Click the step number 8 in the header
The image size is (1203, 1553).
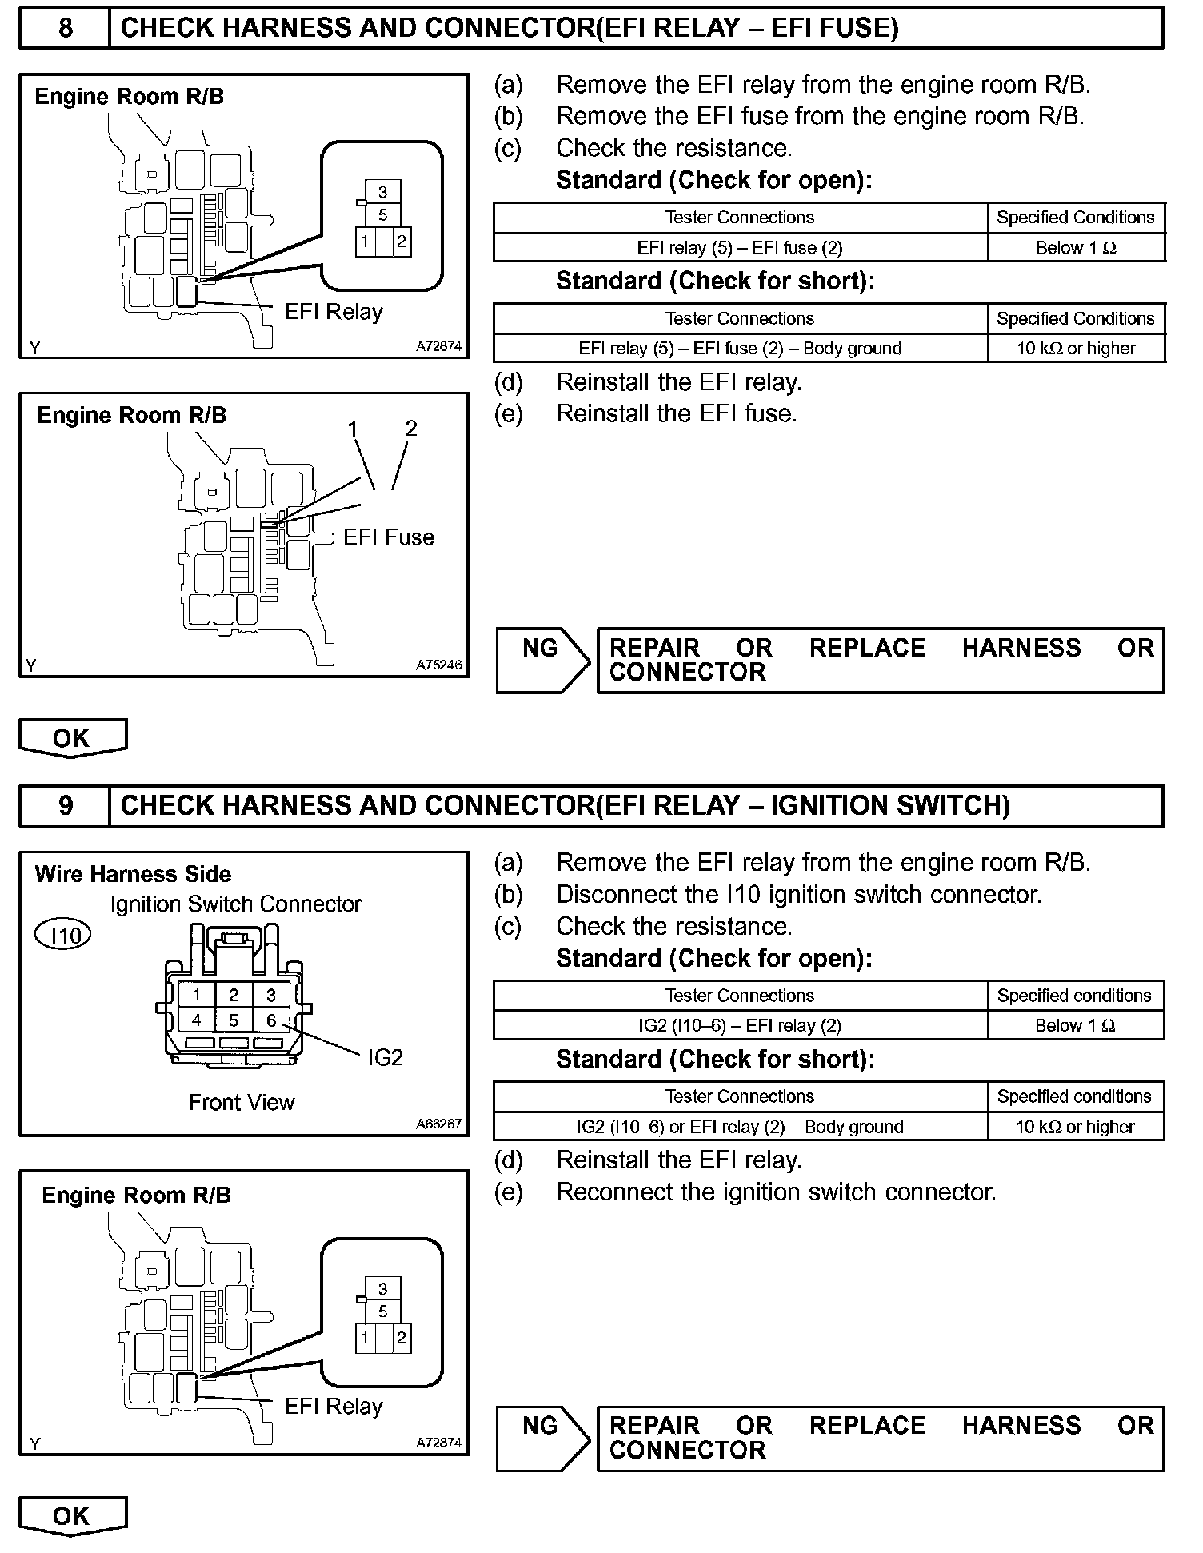65,29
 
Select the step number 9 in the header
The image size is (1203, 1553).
65,805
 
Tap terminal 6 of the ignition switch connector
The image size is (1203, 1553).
271,1020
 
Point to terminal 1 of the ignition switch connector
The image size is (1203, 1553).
196,995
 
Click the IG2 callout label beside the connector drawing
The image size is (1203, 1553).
385,1057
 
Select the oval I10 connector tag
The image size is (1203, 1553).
63,935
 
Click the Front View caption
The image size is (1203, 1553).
242,1102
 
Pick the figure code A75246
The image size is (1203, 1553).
438,665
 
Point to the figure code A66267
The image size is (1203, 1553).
438,1124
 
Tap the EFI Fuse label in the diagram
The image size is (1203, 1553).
389,537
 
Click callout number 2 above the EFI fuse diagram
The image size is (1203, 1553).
411,429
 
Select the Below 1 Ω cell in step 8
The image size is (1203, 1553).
1076,248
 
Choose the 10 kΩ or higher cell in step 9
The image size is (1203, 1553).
1075,1127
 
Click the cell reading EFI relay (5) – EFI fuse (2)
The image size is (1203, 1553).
740,248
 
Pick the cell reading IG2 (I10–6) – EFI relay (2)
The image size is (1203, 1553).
740,1026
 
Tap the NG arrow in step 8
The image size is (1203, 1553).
542,660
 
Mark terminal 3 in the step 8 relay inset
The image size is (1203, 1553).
383,191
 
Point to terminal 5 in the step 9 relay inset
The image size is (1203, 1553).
383,1311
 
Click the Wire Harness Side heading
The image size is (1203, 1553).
133,874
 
